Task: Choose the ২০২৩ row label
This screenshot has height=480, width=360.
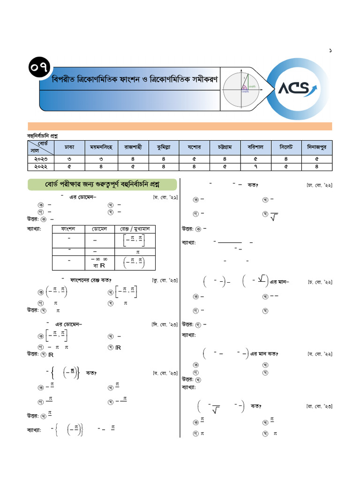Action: click(x=41, y=159)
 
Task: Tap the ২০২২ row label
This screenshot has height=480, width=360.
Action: click(x=41, y=166)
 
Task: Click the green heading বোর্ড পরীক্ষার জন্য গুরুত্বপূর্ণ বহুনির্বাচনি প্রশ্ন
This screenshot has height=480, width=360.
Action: click(x=102, y=185)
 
